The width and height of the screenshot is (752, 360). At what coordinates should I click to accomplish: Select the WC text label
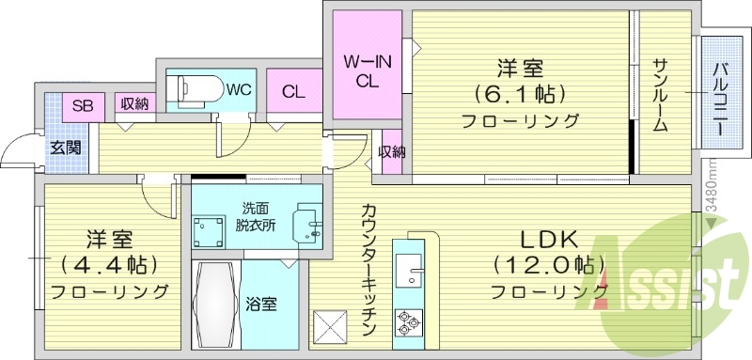click(x=238, y=90)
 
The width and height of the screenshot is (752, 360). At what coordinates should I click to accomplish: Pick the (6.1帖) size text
click(x=519, y=94)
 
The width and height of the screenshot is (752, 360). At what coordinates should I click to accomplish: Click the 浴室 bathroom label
click(x=261, y=304)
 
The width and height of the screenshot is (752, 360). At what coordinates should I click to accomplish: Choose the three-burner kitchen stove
click(x=409, y=322)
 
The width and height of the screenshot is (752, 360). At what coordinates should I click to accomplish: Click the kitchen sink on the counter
click(x=409, y=273)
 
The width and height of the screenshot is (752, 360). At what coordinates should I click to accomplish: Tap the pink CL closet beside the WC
click(x=293, y=92)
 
